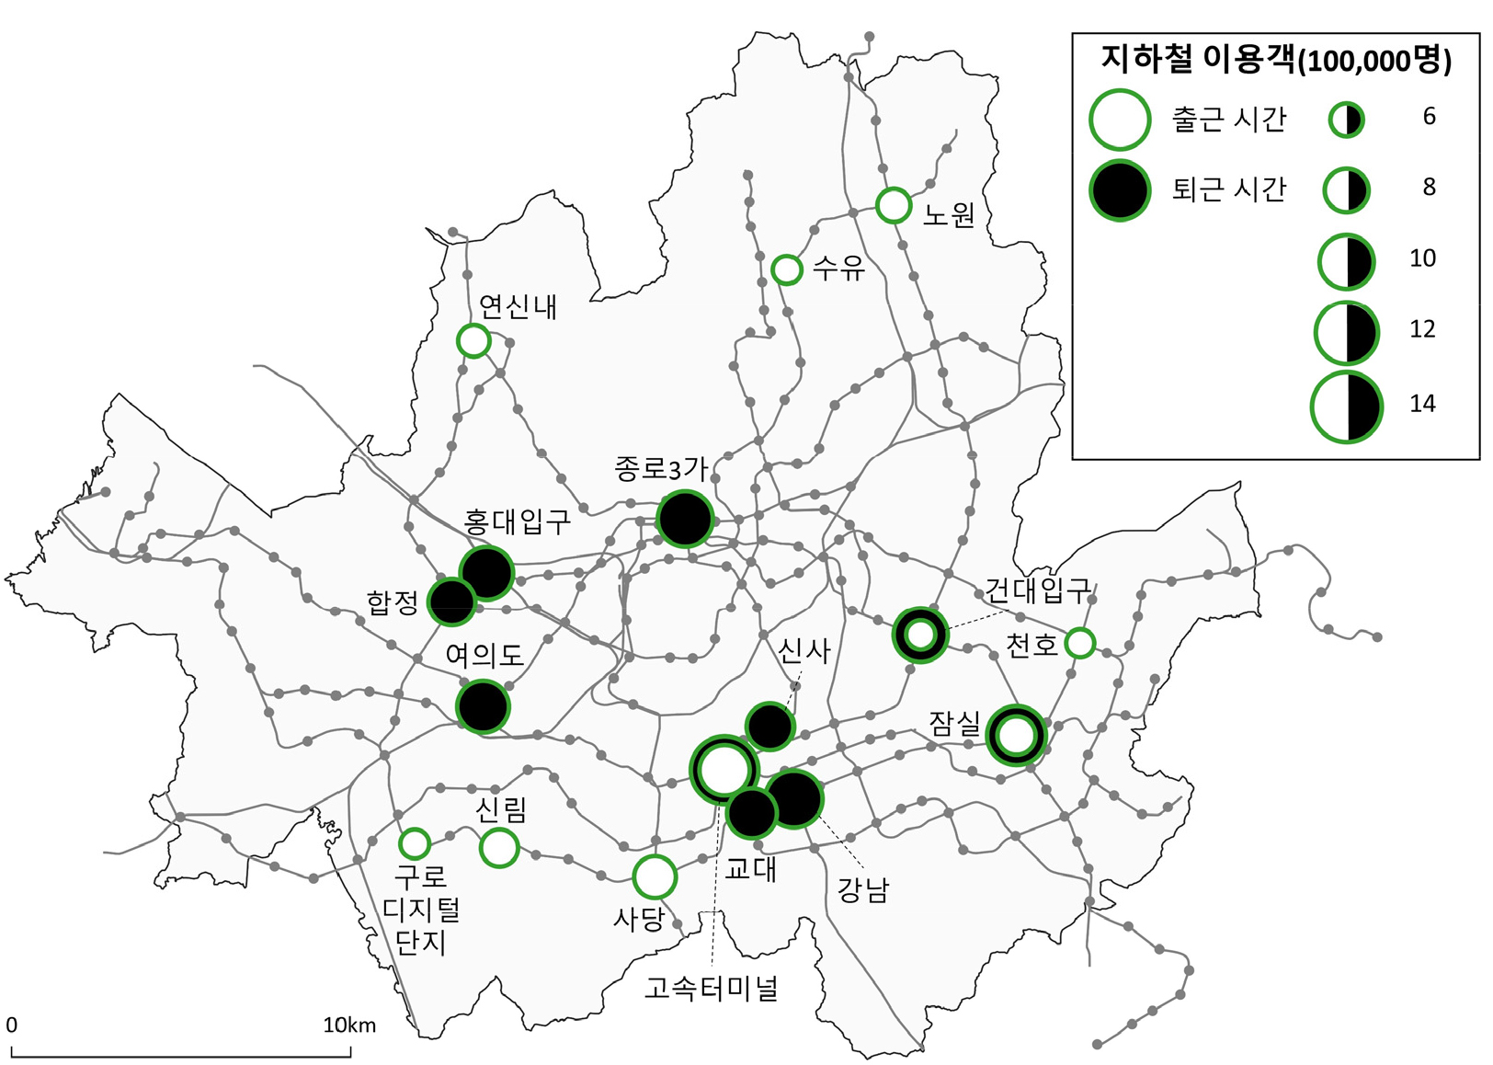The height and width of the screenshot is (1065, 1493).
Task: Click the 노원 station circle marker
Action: pyautogui.click(x=893, y=205)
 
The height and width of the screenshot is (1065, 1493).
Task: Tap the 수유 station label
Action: pyautogui.click(x=839, y=269)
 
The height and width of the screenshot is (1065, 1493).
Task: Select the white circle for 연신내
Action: pyautogui.click(x=473, y=341)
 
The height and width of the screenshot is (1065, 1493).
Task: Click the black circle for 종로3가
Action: pyautogui.click(x=685, y=519)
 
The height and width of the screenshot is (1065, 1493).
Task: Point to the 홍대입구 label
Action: pyautogui.click(x=517, y=522)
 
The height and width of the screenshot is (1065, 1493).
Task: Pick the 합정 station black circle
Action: pyautogui.click(x=451, y=602)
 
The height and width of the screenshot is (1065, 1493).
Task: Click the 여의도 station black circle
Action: pyautogui.click(x=483, y=706)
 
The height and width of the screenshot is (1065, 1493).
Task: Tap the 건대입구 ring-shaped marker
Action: pyautogui.click(x=919, y=635)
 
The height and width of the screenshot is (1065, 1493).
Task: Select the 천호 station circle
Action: pyautogui.click(x=1079, y=643)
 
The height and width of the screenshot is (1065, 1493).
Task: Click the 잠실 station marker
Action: pyautogui.click(x=1016, y=735)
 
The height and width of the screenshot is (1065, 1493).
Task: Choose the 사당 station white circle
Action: pyautogui.click(x=655, y=876)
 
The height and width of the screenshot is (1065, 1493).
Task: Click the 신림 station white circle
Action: pyautogui.click(x=499, y=847)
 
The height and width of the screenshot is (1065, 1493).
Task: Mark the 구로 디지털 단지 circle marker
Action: pyautogui.click(x=415, y=842)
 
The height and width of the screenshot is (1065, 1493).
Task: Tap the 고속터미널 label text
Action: pyautogui.click(x=711, y=989)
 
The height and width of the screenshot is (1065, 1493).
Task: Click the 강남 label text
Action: pyautogui.click(x=862, y=889)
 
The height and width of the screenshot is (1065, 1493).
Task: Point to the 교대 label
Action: pyautogui.click(x=751, y=868)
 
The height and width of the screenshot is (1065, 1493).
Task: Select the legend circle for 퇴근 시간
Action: pyautogui.click(x=1119, y=190)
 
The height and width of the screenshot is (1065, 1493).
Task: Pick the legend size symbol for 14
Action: pyautogui.click(x=1347, y=407)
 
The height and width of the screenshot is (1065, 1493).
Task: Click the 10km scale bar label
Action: pyautogui.click(x=349, y=1025)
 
